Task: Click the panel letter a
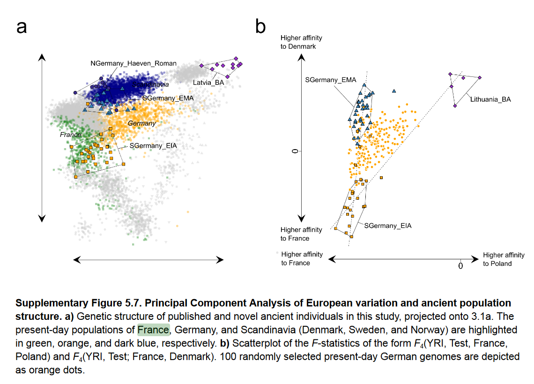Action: pyautogui.click(x=22, y=27)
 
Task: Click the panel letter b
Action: pyautogui.click(x=260, y=27)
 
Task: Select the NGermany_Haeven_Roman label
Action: pyautogui.click(x=133, y=63)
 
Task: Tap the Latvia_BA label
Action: pyautogui.click(x=208, y=83)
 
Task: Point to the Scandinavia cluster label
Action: pyautogui.click(x=150, y=84)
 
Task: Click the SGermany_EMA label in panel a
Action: pyautogui.click(x=168, y=98)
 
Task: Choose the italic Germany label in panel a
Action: pyautogui.click(x=142, y=123)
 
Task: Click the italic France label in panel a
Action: pyautogui.click(x=71, y=135)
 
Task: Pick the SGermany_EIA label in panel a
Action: pyautogui.click(x=153, y=146)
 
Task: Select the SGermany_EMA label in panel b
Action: pyautogui.click(x=331, y=80)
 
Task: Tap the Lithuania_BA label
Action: pyautogui.click(x=490, y=99)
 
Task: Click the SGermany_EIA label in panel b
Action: pyautogui.click(x=388, y=226)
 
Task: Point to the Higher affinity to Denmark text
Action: pyautogui.click(x=301, y=42)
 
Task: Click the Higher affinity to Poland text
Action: pyautogui.click(x=504, y=259)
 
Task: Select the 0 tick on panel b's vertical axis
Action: pyautogui.click(x=295, y=151)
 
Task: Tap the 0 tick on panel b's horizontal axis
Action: pyautogui.click(x=460, y=266)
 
